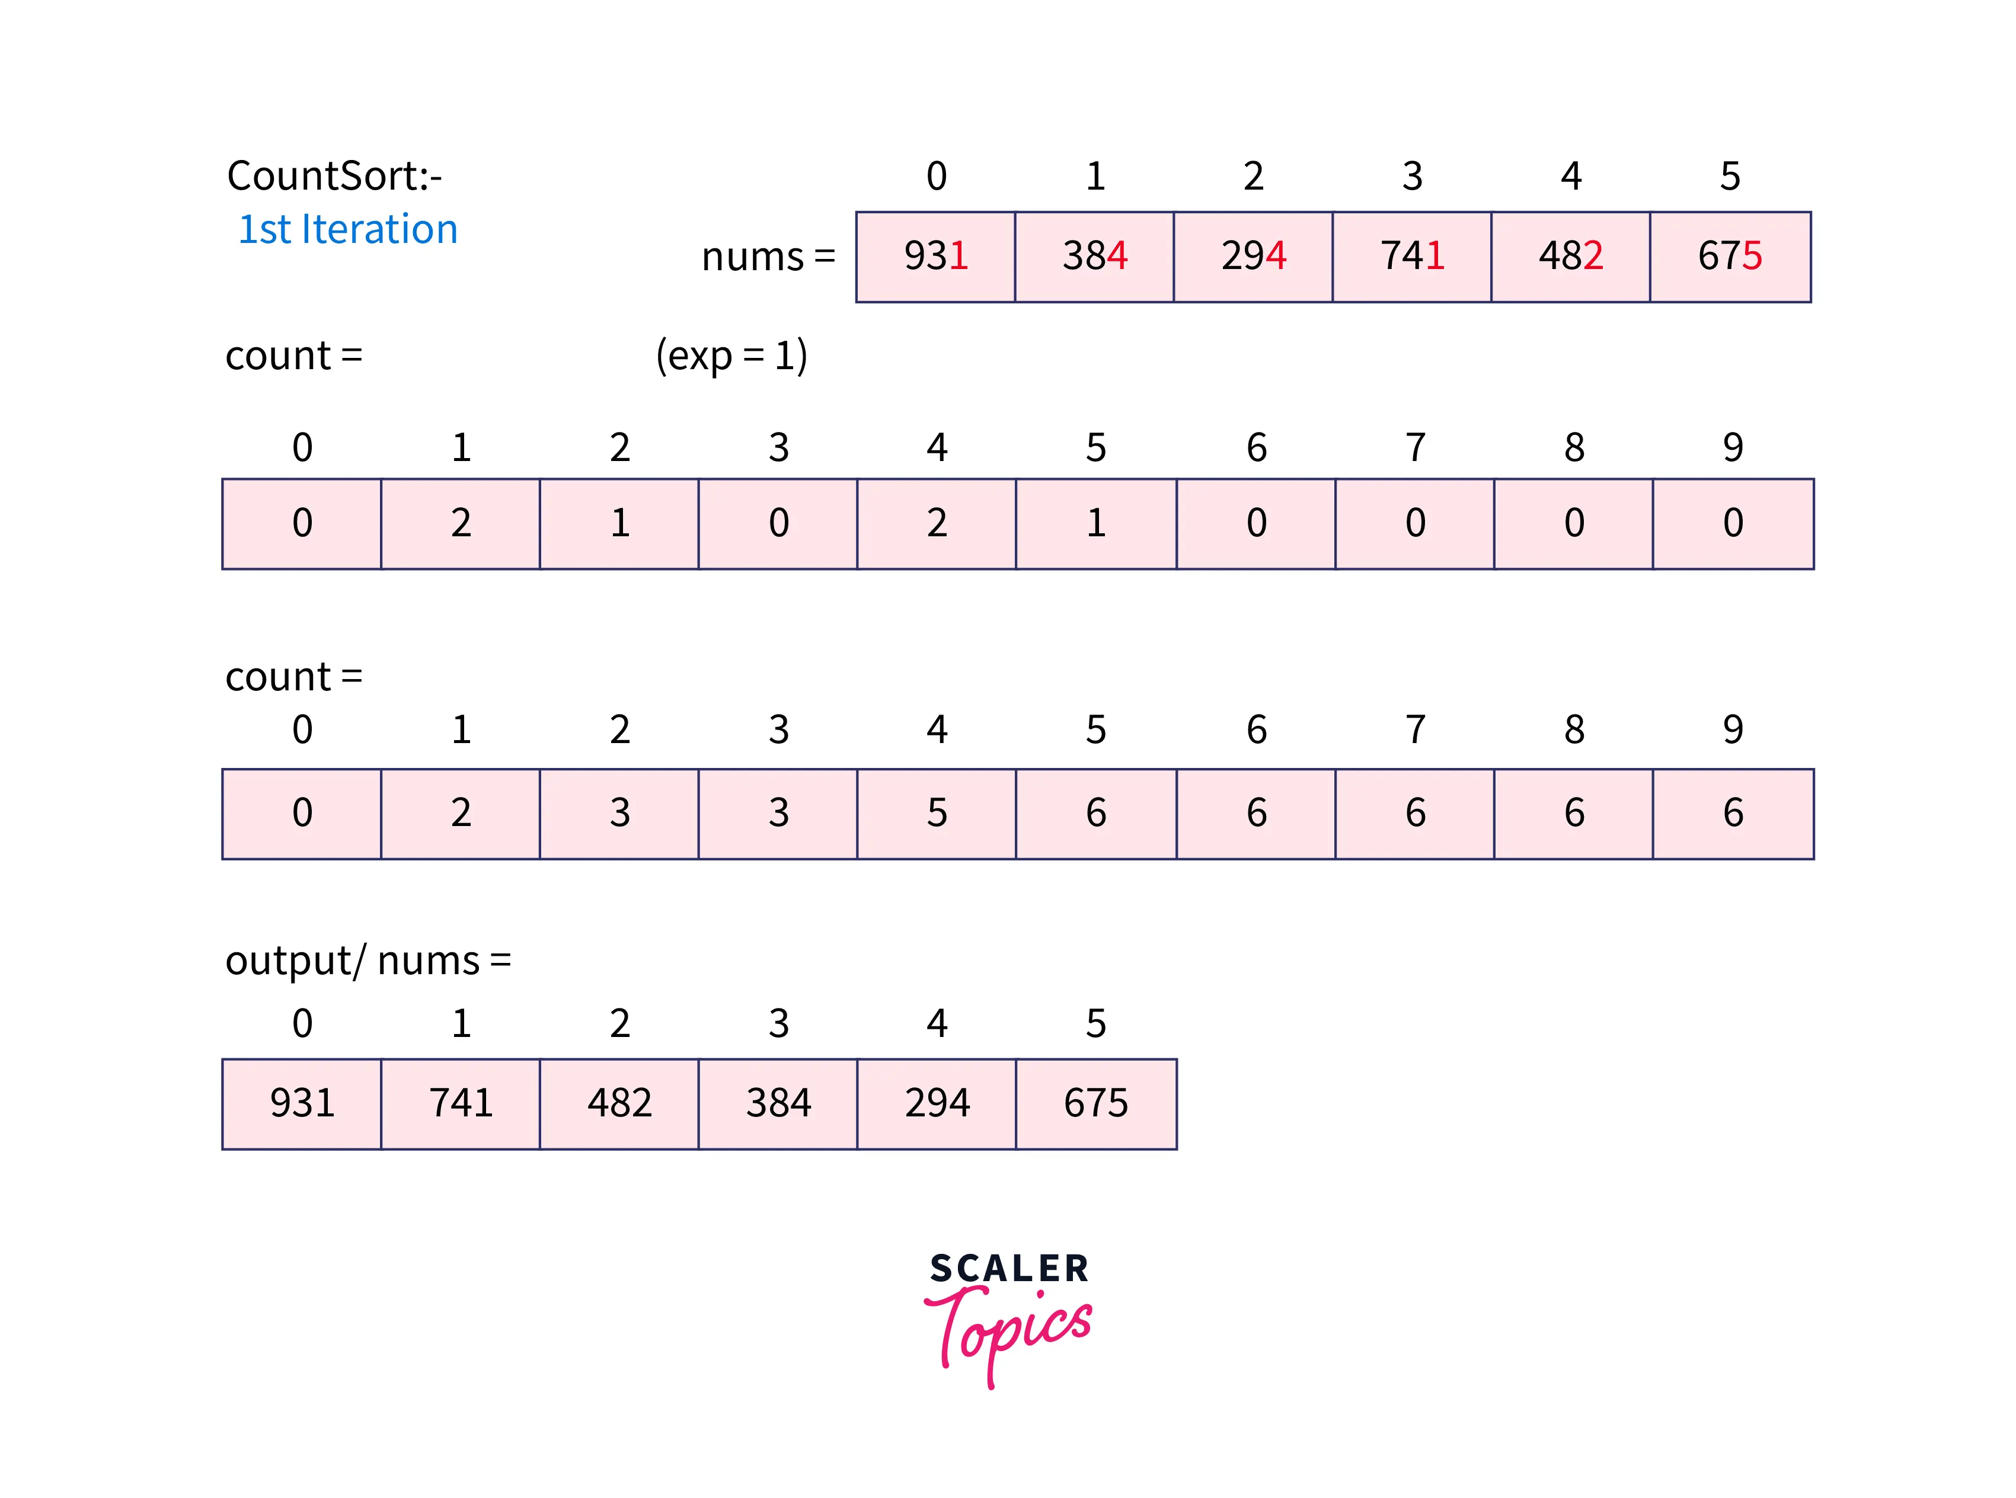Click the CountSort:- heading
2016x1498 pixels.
coord(334,176)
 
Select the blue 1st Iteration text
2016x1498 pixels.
coord(347,229)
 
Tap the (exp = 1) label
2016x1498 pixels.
coord(731,356)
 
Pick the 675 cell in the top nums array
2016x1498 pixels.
coord(1730,257)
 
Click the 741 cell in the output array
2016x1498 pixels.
coord(461,1103)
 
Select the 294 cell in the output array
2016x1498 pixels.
coord(937,1103)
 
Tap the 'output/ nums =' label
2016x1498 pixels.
coord(368,961)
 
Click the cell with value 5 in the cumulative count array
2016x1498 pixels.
coord(937,814)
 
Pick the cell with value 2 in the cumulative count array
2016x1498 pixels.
coord(461,814)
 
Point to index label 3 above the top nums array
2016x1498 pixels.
coord(1412,177)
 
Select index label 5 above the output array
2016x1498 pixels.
coord(1095,1024)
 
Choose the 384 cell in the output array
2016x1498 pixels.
coord(778,1103)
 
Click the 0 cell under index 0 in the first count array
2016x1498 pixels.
coord(302,524)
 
